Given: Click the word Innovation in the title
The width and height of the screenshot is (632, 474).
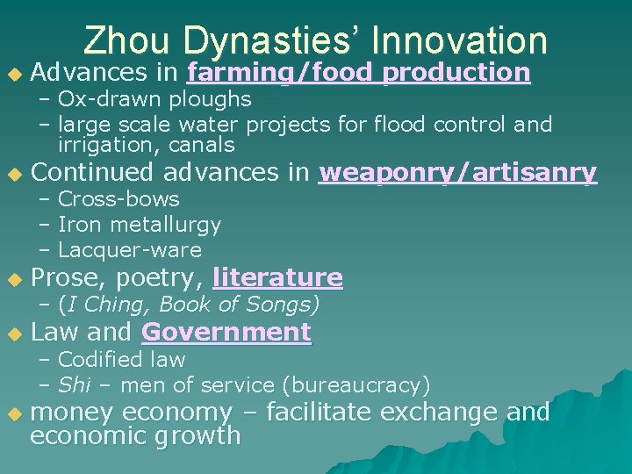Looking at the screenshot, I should [459, 40].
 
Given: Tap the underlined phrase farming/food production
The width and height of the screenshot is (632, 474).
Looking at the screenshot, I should [359, 72].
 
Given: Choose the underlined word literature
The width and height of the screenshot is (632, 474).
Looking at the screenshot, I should [277, 278].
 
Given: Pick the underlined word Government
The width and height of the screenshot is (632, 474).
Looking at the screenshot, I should [226, 333].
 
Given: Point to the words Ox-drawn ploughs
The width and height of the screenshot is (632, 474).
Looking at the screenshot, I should [154, 99].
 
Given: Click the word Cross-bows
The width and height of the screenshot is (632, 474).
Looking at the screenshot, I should [118, 199].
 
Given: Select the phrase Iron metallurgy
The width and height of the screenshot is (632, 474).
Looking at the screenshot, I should [140, 225].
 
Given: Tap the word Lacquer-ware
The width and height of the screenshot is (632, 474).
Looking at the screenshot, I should [130, 250].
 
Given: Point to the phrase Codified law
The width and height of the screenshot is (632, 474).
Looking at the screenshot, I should [121, 360].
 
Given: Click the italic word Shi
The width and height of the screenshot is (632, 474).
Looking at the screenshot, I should [71, 385].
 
